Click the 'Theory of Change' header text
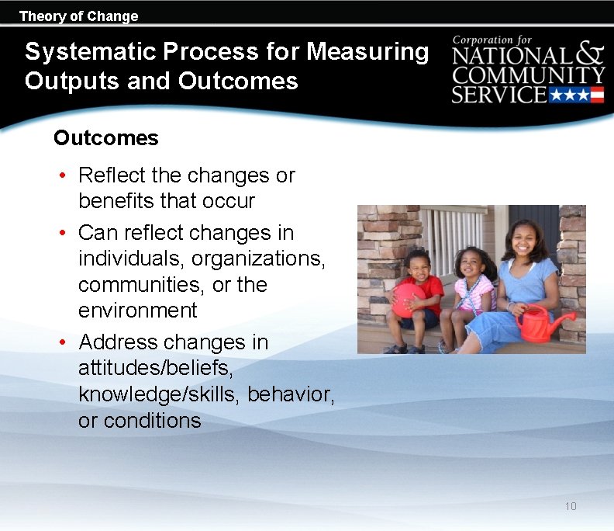78,16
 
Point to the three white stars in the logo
569,95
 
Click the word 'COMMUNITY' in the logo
528,76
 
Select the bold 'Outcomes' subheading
105,138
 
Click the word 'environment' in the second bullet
138,311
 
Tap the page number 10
571,506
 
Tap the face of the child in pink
471,264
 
